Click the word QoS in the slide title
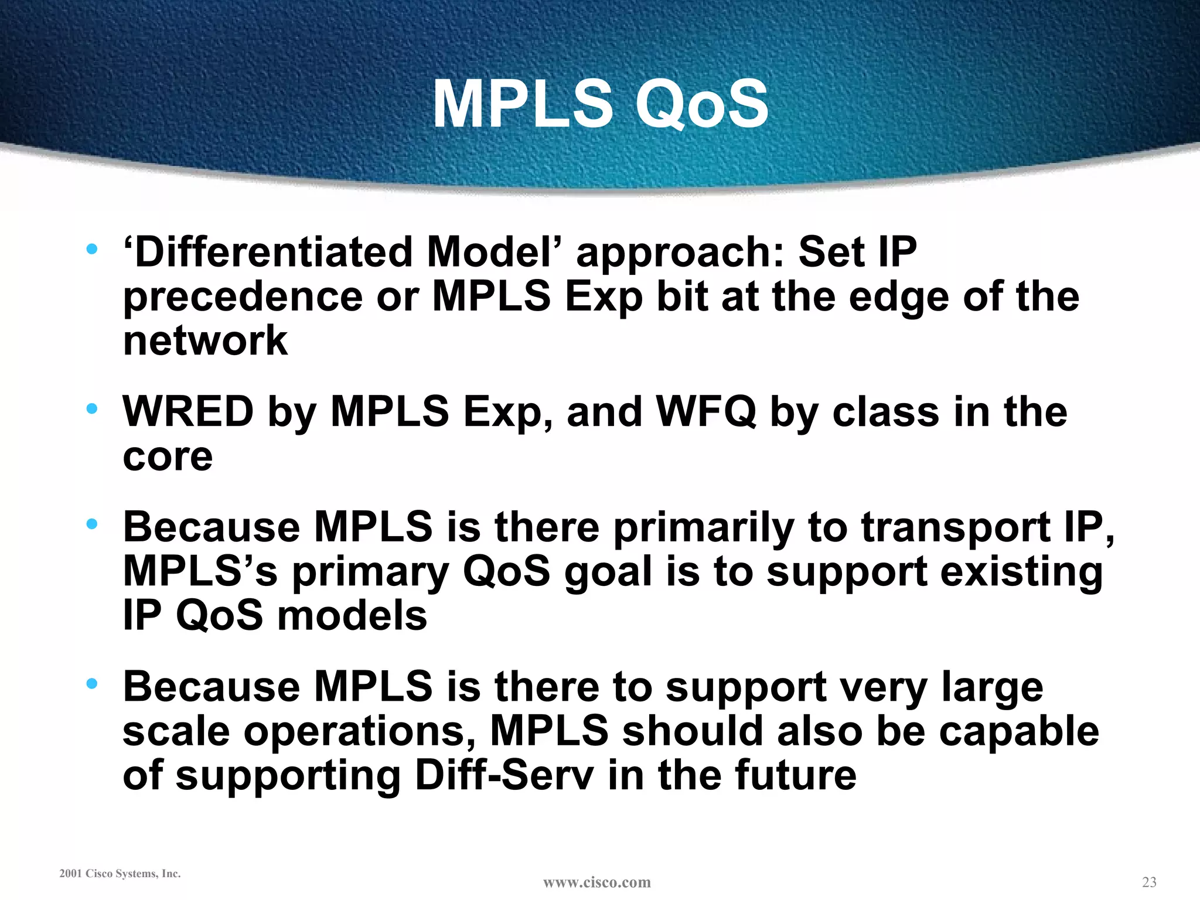coord(701,104)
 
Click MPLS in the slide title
coord(523,104)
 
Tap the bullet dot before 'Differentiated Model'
coord(91,249)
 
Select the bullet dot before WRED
coord(91,408)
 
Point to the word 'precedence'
coord(243,296)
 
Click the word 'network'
coord(205,340)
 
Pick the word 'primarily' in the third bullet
coord(703,527)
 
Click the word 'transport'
coord(955,527)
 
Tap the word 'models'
coord(352,616)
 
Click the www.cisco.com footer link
coord(596,882)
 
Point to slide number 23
coord(1149,882)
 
